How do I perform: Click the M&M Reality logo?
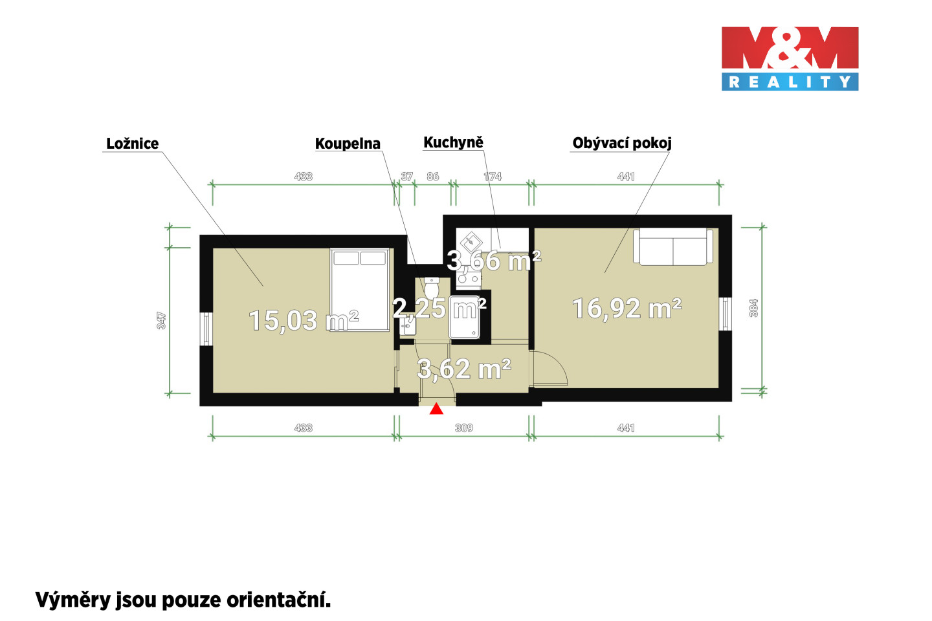point(790,59)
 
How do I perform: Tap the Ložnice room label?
point(132,144)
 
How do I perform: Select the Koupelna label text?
point(348,144)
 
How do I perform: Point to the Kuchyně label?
point(454,143)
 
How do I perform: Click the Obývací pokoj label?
point(622,144)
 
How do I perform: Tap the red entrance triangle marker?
point(436,409)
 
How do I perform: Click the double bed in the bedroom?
point(360,290)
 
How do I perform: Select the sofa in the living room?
point(673,246)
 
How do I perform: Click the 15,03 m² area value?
point(304,321)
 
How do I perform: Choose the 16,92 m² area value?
point(627,308)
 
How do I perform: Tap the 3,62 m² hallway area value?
point(464,369)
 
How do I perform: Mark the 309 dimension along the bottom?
point(464,428)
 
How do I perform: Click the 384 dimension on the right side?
point(753,308)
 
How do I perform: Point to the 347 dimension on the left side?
point(161,321)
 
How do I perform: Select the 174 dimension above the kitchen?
point(493,177)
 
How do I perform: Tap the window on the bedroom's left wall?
point(206,329)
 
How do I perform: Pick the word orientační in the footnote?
point(279,600)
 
